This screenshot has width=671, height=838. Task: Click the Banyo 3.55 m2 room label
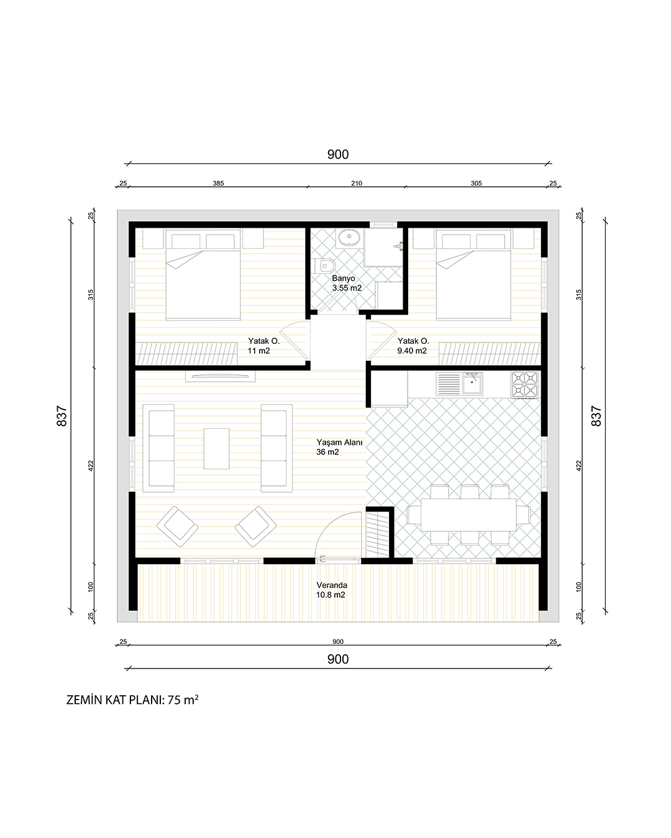347,283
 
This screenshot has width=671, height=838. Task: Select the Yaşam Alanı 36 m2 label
339,447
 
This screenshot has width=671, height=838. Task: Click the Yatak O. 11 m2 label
263,345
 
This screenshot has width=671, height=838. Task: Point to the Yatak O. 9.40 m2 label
413,345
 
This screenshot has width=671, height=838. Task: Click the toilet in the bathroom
325,266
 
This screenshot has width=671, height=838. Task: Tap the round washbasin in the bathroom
349,237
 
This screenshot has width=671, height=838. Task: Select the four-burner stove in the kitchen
524,384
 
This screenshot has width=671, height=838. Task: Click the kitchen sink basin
472,384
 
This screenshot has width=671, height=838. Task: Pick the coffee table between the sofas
216,448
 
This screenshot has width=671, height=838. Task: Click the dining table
468,515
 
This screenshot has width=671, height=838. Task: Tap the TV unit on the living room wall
221,376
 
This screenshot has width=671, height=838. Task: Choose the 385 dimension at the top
218,183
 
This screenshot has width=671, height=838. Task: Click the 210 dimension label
357,183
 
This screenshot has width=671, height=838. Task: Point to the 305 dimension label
476,183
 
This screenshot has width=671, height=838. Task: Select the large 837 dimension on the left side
62,416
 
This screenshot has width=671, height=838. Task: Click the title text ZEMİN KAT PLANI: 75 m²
132,700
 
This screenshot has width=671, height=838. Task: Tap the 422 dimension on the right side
578,466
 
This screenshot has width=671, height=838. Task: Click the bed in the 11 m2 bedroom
203,274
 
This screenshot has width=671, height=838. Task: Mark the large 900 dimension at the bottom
337,659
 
